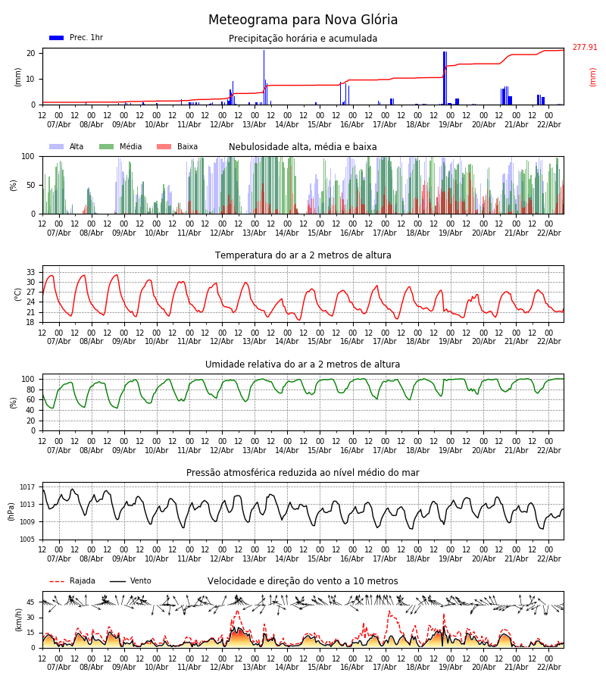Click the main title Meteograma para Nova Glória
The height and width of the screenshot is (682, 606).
303,20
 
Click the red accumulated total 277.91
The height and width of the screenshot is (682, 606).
584,48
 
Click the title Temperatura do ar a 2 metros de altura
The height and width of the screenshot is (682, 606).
303,255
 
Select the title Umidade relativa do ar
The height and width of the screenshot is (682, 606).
303,364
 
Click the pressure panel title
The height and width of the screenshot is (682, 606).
303,473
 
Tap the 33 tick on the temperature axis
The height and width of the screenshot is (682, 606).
31,272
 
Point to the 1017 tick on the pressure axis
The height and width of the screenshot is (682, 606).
28,487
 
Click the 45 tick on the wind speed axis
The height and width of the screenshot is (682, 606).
31,602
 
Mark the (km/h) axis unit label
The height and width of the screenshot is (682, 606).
19,620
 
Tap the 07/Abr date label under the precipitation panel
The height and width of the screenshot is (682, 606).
59,124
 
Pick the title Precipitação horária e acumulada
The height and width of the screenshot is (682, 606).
303,39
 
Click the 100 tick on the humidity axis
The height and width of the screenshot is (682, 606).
29,379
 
